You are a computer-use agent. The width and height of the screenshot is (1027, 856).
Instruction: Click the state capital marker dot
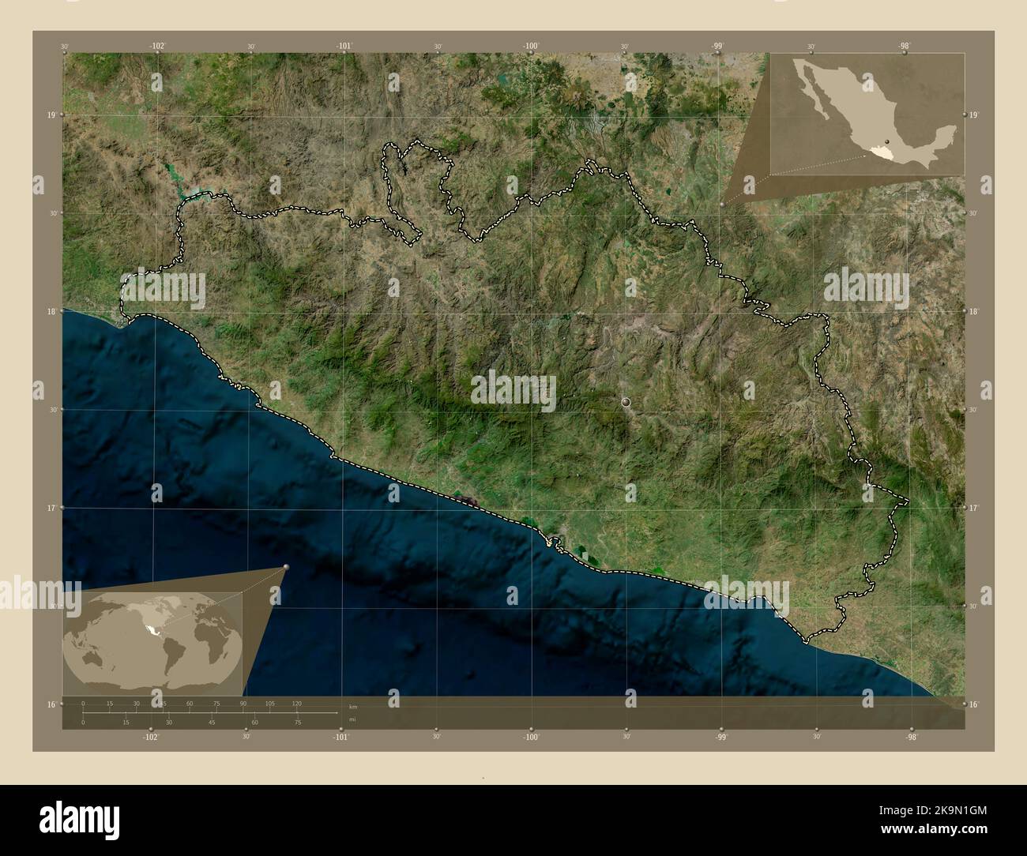[626, 403]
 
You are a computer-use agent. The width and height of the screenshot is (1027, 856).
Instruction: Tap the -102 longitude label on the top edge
[157, 46]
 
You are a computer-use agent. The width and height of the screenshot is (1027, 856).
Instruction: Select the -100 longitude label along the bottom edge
[531, 737]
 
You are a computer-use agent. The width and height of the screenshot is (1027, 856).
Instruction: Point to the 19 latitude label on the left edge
[50, 115]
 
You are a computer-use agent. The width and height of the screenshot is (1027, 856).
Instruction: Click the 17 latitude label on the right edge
[975, 508]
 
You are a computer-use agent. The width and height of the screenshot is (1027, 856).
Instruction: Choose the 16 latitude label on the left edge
[50, 704]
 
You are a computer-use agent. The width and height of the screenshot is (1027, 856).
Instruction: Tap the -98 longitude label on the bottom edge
[911, 737]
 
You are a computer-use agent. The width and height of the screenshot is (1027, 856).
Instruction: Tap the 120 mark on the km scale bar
[296, 703]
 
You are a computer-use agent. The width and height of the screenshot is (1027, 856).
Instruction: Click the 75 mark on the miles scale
[297, 722]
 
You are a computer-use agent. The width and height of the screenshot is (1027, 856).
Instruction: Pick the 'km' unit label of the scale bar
[353, 707]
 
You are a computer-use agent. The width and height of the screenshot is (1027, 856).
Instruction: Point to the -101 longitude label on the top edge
[344, 46]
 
